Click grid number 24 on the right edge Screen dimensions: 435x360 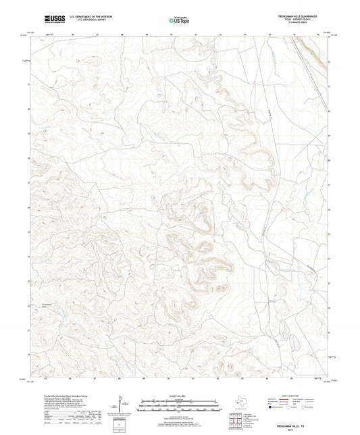tap(329, 258)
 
